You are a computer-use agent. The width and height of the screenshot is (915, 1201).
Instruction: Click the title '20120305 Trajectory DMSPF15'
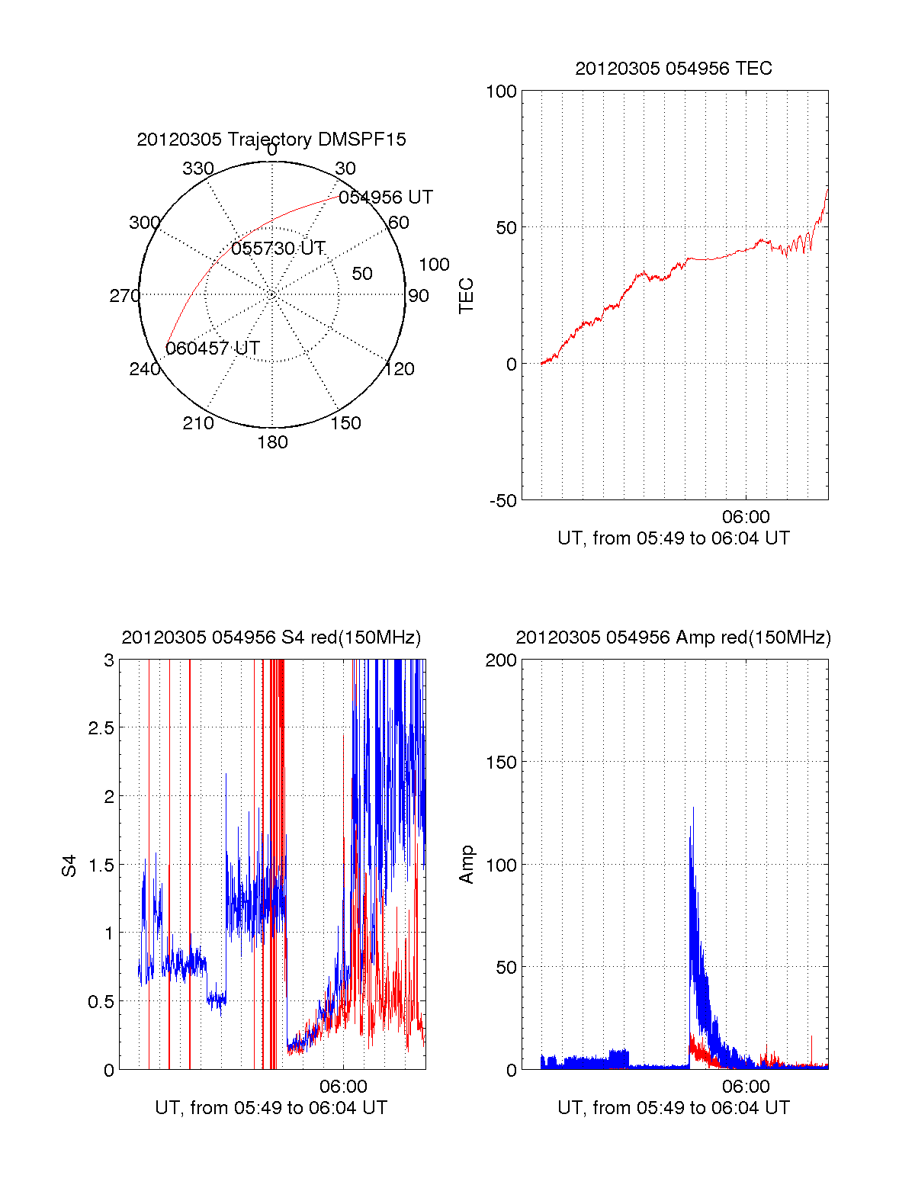pos(271,140)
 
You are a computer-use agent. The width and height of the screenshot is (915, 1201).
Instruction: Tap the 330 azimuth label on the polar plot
pos(197,169)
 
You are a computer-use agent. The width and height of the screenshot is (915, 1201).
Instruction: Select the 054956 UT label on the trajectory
pos(386,197)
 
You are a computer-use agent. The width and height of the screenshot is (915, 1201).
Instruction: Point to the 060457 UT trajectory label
pos(213,348)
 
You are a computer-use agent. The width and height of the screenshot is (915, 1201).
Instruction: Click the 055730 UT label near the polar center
pos(278,249)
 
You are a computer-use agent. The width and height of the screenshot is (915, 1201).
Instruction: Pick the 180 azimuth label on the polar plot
pos(272,442)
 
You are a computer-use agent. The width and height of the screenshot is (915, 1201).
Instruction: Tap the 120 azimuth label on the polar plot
pos(400,369)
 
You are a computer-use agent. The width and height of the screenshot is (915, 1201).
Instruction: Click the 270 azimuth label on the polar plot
pos(124,296)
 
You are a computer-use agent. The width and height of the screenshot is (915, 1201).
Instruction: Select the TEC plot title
pos(673,69)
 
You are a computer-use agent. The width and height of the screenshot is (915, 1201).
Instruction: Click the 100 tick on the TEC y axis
pos(501,92)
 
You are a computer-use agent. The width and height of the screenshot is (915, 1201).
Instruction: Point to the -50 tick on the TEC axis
pos(503,501)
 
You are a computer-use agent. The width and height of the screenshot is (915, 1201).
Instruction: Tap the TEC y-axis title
pos(466,296)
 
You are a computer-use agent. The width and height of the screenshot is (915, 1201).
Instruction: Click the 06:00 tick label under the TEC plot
pos(746,518)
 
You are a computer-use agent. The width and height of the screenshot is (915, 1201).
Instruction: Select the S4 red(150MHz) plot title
pos(271,637)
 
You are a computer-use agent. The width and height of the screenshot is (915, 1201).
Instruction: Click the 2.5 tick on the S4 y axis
pos(101,728)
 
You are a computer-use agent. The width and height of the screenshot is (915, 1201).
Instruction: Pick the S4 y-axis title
pos(69,865)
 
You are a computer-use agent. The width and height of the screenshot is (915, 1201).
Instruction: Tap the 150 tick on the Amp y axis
pos(501,763)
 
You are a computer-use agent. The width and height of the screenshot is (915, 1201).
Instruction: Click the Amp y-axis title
pos(466,865)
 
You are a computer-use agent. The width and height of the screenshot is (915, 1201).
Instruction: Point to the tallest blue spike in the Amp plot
pos(693,808)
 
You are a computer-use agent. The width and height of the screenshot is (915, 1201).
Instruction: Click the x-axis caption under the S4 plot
pos(271,1108)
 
